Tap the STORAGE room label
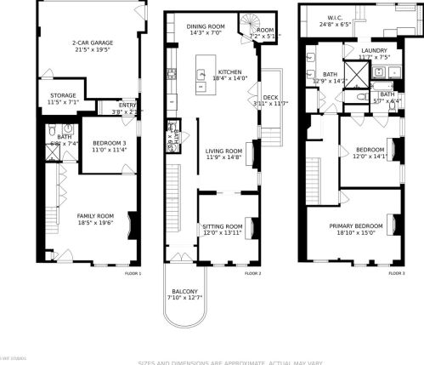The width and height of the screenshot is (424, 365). (62, 95)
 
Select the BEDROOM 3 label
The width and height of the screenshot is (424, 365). (109, 142)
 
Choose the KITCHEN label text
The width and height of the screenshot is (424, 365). (230, 71)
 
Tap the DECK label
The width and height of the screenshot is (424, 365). (270, 98)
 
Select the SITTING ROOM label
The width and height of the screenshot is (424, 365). (223, 225)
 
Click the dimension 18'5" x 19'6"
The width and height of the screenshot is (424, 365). (95, 224)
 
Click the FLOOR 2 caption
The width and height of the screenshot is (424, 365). (253, 274)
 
